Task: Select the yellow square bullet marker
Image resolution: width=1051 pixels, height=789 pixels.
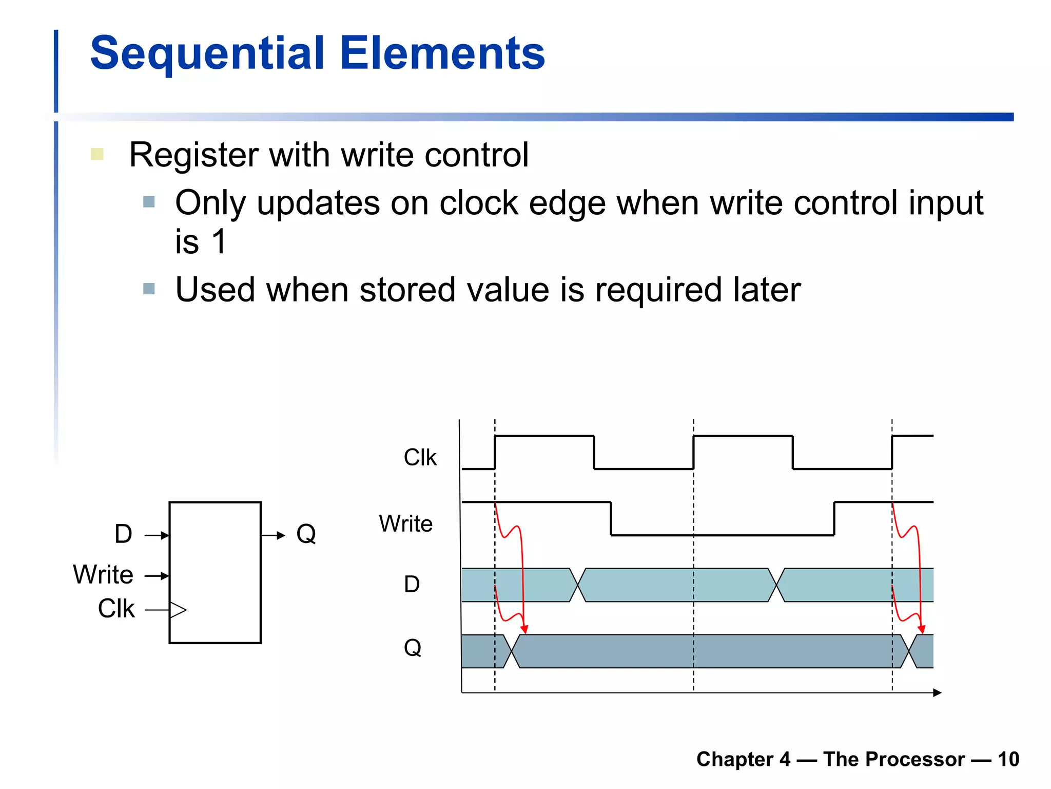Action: [x=97, y=154]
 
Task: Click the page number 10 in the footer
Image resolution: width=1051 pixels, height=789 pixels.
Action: [x=1008, y=759]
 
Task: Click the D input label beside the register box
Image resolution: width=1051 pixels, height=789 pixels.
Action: [x=123, y=534]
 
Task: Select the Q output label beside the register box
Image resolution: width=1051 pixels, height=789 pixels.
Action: [x=306, y=534]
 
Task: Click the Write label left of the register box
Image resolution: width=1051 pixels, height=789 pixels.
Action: [x=103, y=574]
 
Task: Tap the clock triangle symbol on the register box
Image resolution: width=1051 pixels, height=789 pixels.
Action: [x=178, y=610]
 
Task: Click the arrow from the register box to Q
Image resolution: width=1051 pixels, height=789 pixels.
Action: [x=273, y=535]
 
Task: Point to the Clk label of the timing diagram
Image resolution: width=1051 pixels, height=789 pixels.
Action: [x=420, y=457]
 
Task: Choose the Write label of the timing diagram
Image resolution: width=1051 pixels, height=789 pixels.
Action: [x=405, y=524]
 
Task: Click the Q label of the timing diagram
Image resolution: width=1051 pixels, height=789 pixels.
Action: [x=412, y=648]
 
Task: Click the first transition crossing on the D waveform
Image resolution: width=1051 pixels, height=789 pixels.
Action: [x=577, y=585]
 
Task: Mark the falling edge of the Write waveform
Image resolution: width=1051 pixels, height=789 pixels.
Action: [x=611, y=519]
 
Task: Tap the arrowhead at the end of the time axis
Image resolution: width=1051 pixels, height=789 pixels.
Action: [x=937, y=693]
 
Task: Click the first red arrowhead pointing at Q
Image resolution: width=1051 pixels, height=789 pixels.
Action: [x=524, y=630]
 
